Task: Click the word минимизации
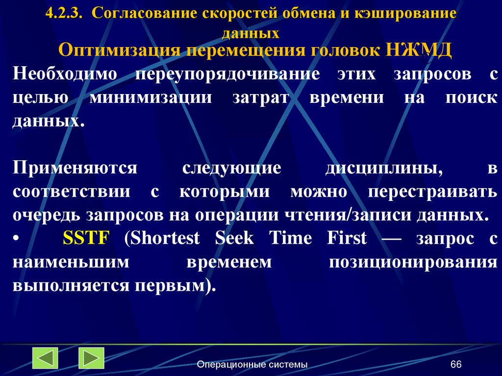tap(151, 97)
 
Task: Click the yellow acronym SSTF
tap(86, 239)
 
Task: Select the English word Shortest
tap(162, 239)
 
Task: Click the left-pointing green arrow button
tap(46, 358)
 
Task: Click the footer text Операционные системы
tap(252, 364)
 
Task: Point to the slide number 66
tap(456, 364)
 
